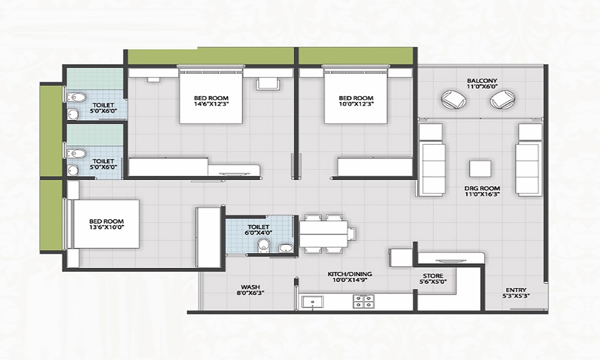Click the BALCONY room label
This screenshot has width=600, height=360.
click(x=482, y=80)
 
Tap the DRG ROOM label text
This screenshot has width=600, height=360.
click(x=482, y=188)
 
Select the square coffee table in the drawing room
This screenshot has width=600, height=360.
click(x=481, y=169)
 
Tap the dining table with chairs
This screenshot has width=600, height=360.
click(x=324, y=233)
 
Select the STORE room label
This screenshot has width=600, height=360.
click(x=432, y=276)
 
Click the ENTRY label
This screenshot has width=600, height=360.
click(x=516, y=289)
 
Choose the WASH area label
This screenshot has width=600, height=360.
click(x=250, y=287)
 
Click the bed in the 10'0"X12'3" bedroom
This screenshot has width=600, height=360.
click(x=355, y=97)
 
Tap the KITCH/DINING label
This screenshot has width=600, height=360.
click(x=343, y=274)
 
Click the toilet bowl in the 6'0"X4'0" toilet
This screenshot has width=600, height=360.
click(x=262, y=247)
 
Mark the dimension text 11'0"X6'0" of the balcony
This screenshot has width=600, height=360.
click(x=482, y=87)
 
